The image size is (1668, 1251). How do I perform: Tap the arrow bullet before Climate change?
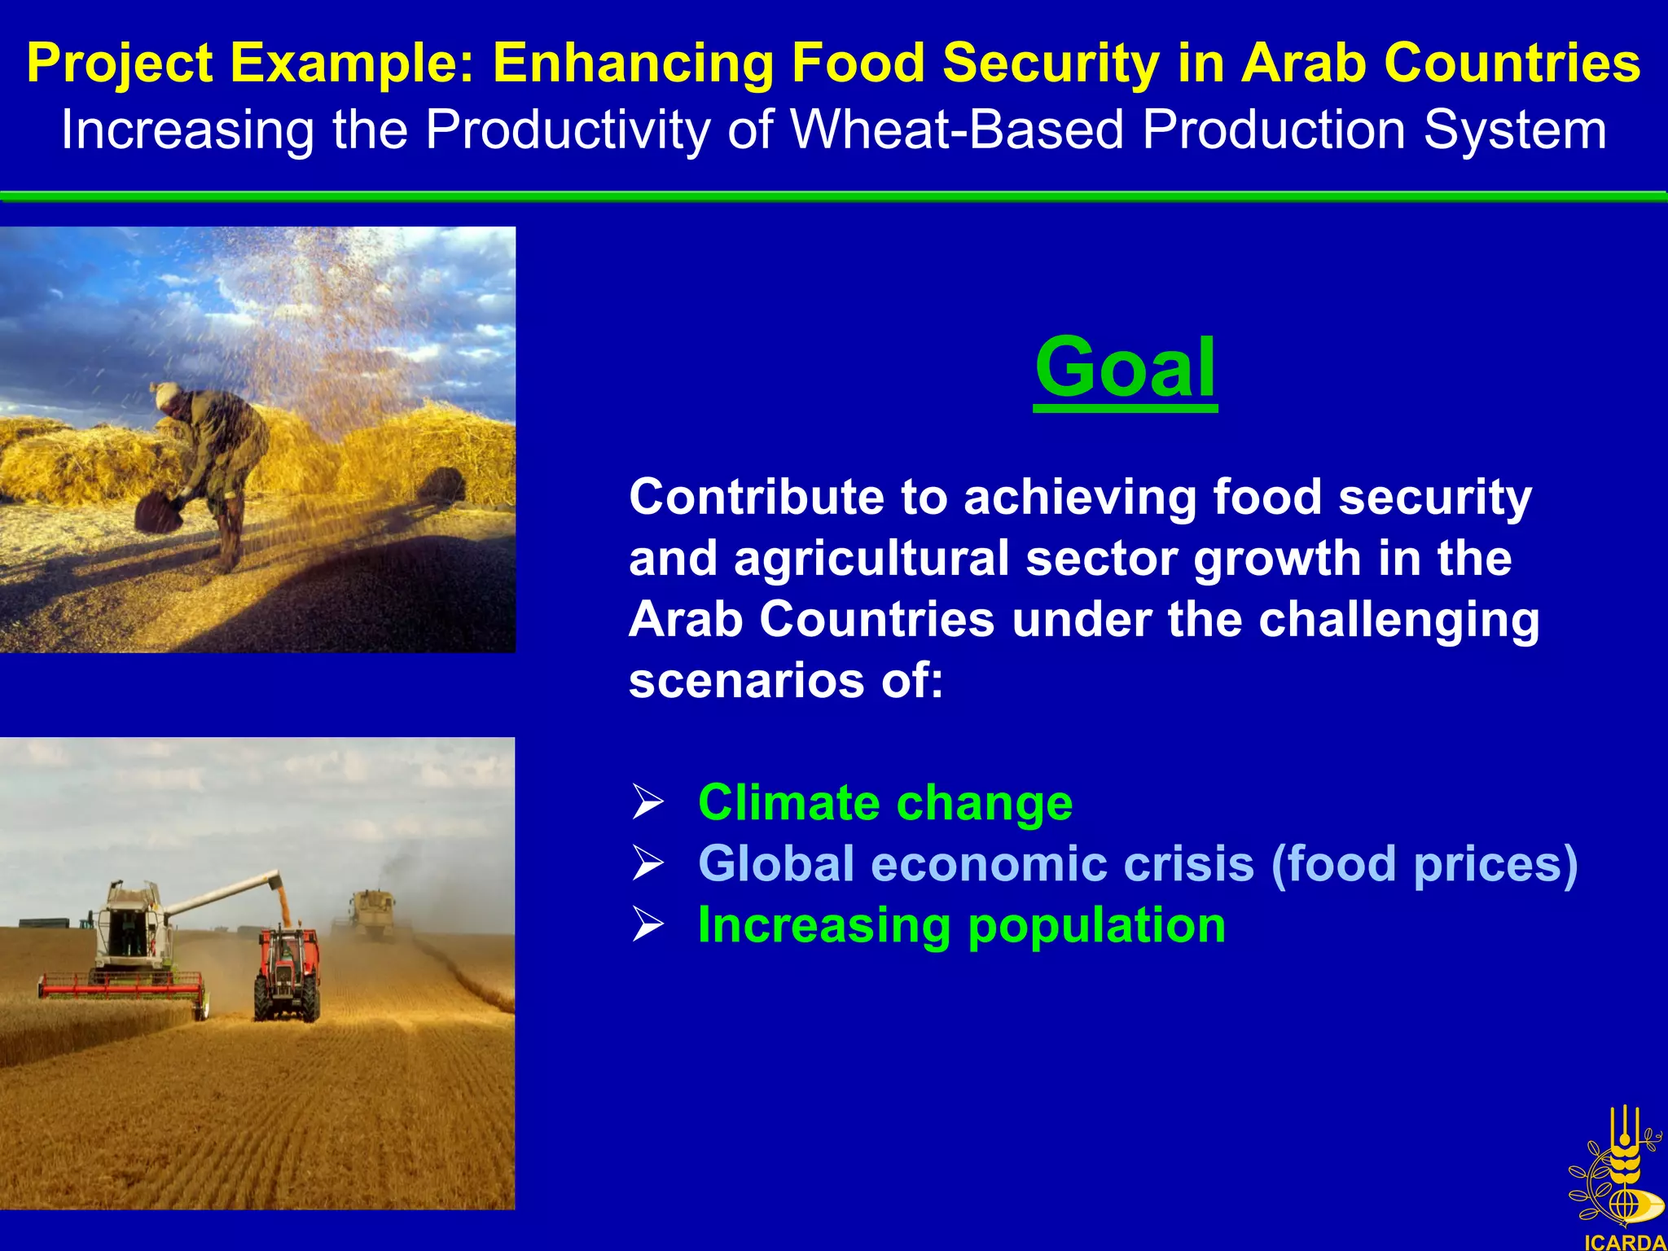(648, 802)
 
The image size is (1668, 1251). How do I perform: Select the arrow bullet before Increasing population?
(648, 925)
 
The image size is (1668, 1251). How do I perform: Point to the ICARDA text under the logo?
(1625, 1242)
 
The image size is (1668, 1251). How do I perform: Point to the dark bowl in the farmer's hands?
(158, 513)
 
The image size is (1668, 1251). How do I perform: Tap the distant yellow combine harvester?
(373, 912)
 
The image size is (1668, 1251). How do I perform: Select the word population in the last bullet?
(1096, 926)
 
